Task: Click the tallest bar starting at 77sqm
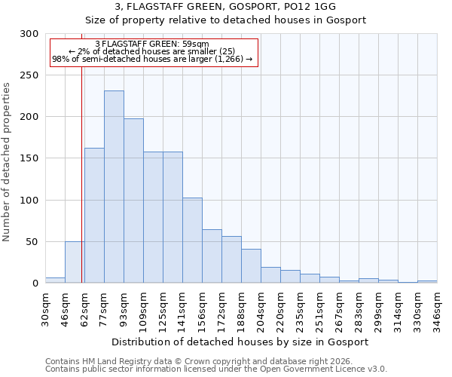coord(114,187)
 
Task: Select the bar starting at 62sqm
coord(94,216)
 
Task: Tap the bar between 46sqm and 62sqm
coord(75,262)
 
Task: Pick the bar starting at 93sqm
coord(133,201)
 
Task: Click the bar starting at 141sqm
coord(192,241)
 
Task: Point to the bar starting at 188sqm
coord(251,266)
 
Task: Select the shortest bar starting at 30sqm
coord(55,280)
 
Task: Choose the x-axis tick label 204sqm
coord(261,308)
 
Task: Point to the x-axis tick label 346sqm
coord(437,308)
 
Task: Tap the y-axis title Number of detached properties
coord(7,162)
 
